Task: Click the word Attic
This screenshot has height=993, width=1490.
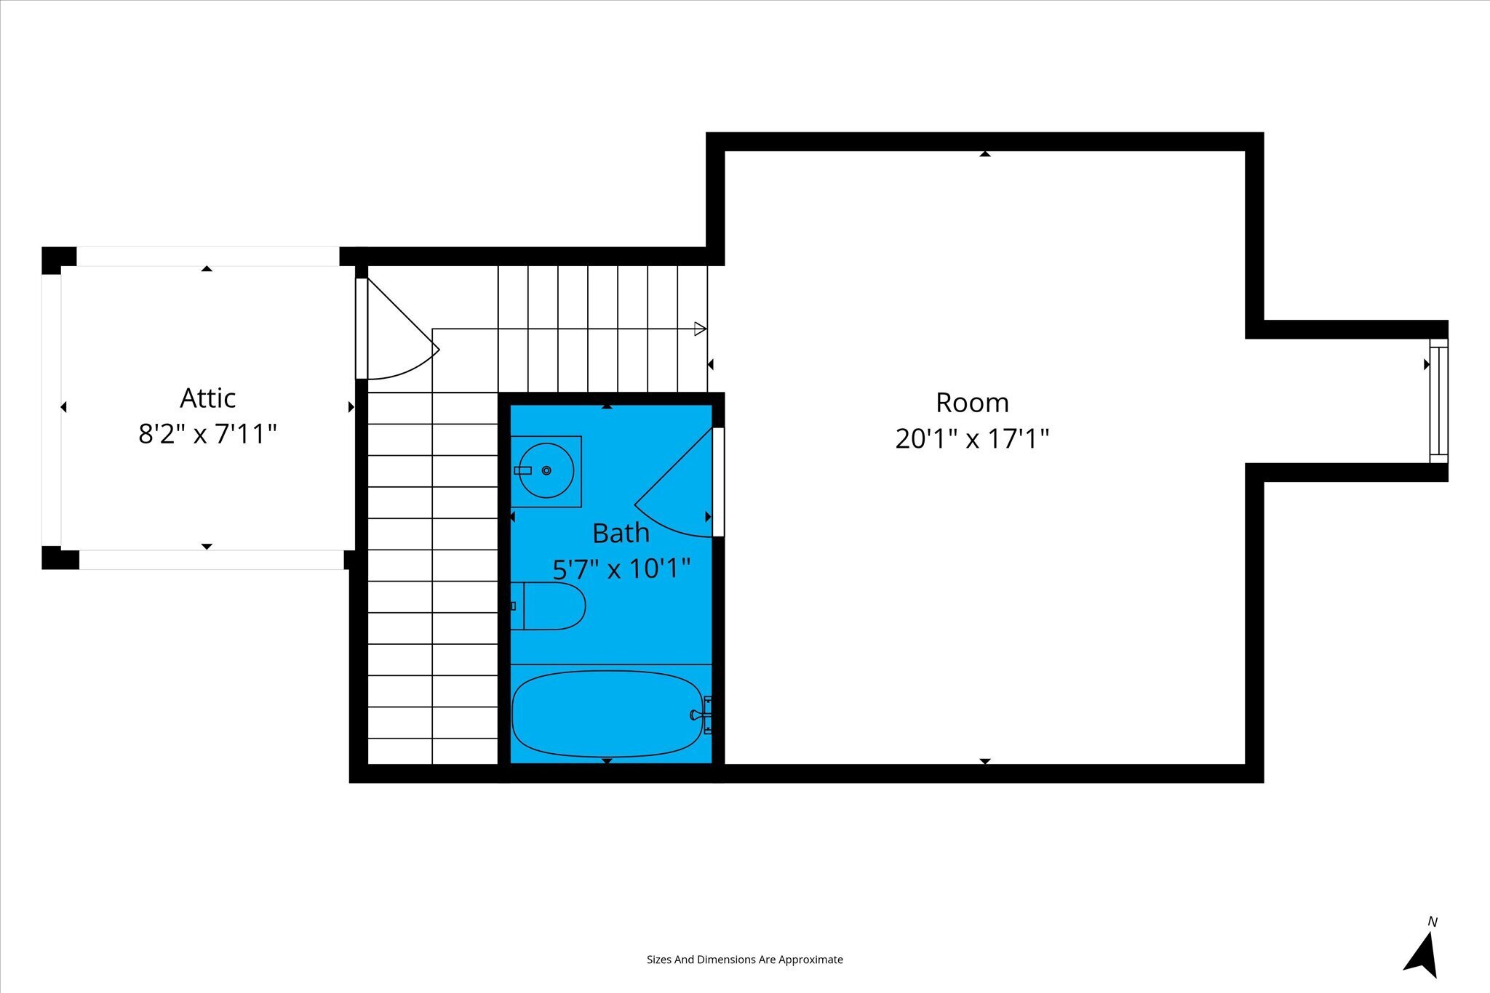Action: click(208, 398)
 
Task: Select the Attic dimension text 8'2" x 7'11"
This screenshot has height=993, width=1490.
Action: click(208, 435)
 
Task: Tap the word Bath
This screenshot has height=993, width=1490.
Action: click(621, 533)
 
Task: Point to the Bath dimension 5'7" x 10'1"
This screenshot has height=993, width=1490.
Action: click(621, 568)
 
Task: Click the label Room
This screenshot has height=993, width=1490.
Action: click(972, 402)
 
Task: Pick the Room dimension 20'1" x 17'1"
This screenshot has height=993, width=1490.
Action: click(972, 439)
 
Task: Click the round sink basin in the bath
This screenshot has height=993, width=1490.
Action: click(546, 471)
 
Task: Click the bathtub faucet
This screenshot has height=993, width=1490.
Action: click(701, 715)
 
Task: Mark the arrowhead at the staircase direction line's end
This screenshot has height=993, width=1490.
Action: click(701, 329)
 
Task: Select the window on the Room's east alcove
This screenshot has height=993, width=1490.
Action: click(1438, 401)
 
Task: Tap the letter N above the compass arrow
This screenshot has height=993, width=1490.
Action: click(1433, 922)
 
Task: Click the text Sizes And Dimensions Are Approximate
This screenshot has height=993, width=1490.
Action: click(745, 960)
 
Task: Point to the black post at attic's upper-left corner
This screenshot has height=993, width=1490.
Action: click(58, 260)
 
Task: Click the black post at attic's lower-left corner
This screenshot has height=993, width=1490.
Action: click(60, 558)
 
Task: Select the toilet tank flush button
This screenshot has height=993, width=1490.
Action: click(513, 606)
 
